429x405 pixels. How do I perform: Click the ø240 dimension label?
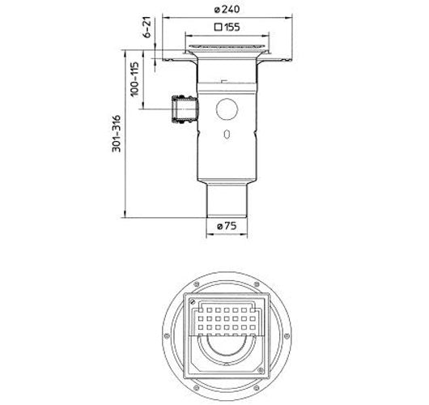(x=227, y=9)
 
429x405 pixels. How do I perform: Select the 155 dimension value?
(x=231, y=27)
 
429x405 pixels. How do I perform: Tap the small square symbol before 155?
(x=218, y=27)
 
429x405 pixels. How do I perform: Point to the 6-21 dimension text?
(x=147, y=27)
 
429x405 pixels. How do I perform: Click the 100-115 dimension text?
(x=134, y=79)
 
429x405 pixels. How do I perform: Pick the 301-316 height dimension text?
(x=117, y=134)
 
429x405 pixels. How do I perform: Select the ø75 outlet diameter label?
(x=227, y=226)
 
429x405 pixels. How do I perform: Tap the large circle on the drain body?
(x=227, y=109)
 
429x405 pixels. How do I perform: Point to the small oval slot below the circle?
(x=227, y=134)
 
